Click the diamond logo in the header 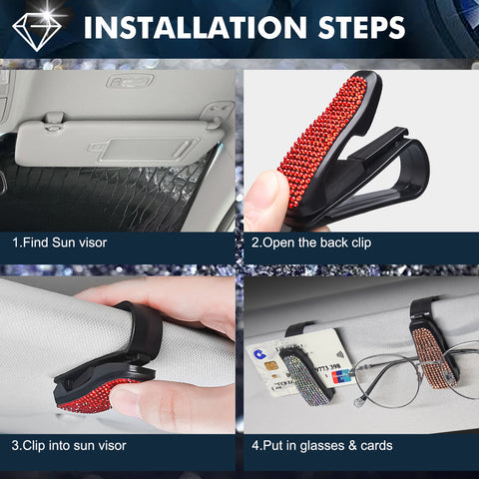pyautogui.click(x=37, y=31)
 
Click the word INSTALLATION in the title pyautogui.click(x=195, y=27)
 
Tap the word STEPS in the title pyautogui.click(x=361, y=27)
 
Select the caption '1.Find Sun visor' pyautogui.click(x=60, y=242)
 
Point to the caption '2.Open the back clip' pyautogui.click(x=311, y=242)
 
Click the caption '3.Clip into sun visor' pyautogui.click(x=69, y=445)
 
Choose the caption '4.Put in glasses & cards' pyautogui.click(x=322, y=446)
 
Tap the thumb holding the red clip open pyautogui.click(x=266, y=202)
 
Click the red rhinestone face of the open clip pyautogui.click(x=322, y=140)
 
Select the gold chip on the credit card pyautogui.click(x=271, y=366)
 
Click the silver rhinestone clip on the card pyautogui.click(x=304, y=377)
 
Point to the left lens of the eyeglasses pyautogui.click(x=387, y=380)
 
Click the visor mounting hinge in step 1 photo pyautogui.click(x=54, y=121)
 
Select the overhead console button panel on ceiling pyautogui.click(x=130, y=81)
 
